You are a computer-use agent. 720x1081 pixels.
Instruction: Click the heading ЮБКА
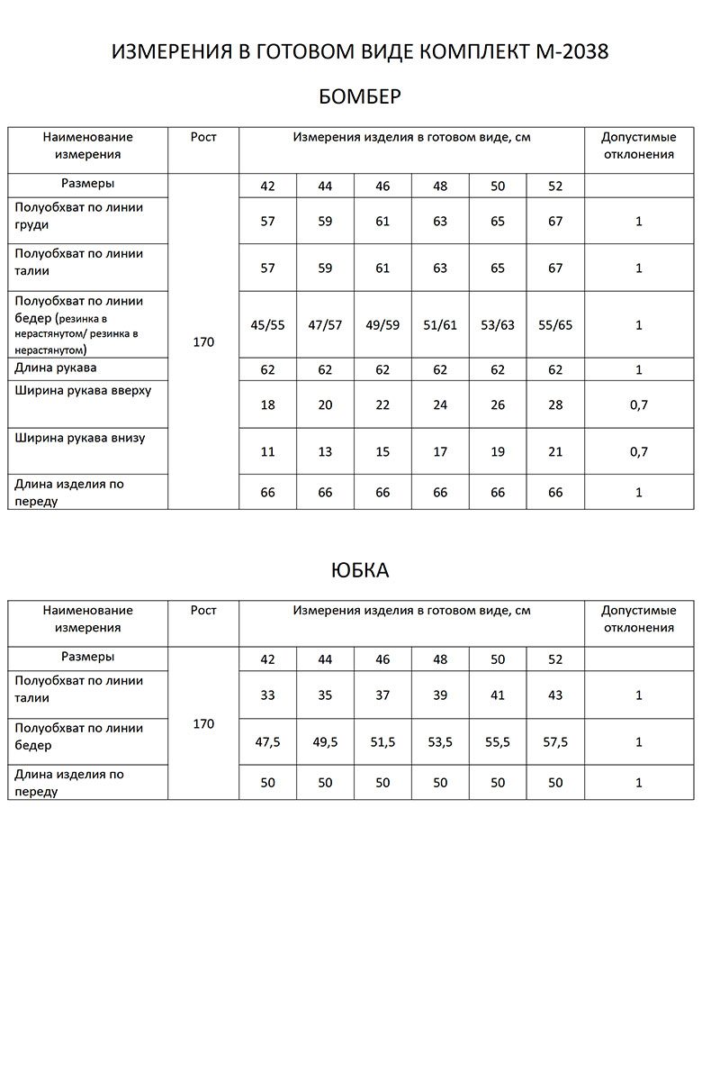coord(360,571)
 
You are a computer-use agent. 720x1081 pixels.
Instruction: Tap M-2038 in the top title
coord(570,53)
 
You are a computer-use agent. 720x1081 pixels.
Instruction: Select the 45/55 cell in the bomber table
coord(267,325)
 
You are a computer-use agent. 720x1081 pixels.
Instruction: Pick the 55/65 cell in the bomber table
coord(555,325)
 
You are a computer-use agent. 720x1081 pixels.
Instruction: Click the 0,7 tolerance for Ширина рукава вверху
coord(639,405)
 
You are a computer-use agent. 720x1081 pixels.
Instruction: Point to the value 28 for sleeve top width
coord(555,405)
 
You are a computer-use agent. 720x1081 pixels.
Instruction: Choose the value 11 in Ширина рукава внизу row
coord(267,452)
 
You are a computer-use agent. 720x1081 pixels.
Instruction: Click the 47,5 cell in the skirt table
coord(267,742)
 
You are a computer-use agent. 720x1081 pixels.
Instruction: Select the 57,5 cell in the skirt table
coord(555,742)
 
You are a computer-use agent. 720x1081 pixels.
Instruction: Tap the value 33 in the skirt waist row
coord(267,695)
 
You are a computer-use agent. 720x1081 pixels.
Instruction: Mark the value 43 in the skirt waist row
coord(555,695)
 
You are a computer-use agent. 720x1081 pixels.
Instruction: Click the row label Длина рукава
coord(56,368)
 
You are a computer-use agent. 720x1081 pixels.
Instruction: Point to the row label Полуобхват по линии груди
coord(79,215)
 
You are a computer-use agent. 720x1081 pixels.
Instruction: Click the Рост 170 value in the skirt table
coord(203,724)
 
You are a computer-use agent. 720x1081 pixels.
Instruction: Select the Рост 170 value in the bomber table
coord(203,342)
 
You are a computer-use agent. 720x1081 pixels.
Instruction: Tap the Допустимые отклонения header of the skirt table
coord(639,619)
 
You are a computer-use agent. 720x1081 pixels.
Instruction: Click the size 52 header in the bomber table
coord(555,186)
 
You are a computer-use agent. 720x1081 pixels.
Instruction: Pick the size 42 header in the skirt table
coord(267,659)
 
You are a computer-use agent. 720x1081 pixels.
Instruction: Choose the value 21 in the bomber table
coord(555,452)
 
